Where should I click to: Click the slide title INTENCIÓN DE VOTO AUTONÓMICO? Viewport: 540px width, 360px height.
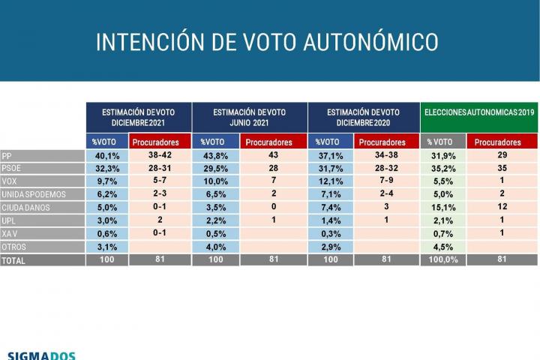point(267,42)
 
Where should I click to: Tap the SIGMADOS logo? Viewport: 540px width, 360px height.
point(41,354)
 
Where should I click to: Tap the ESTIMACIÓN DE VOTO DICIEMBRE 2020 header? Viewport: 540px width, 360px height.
point(363,116)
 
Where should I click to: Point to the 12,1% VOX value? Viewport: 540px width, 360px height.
point(328,181)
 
